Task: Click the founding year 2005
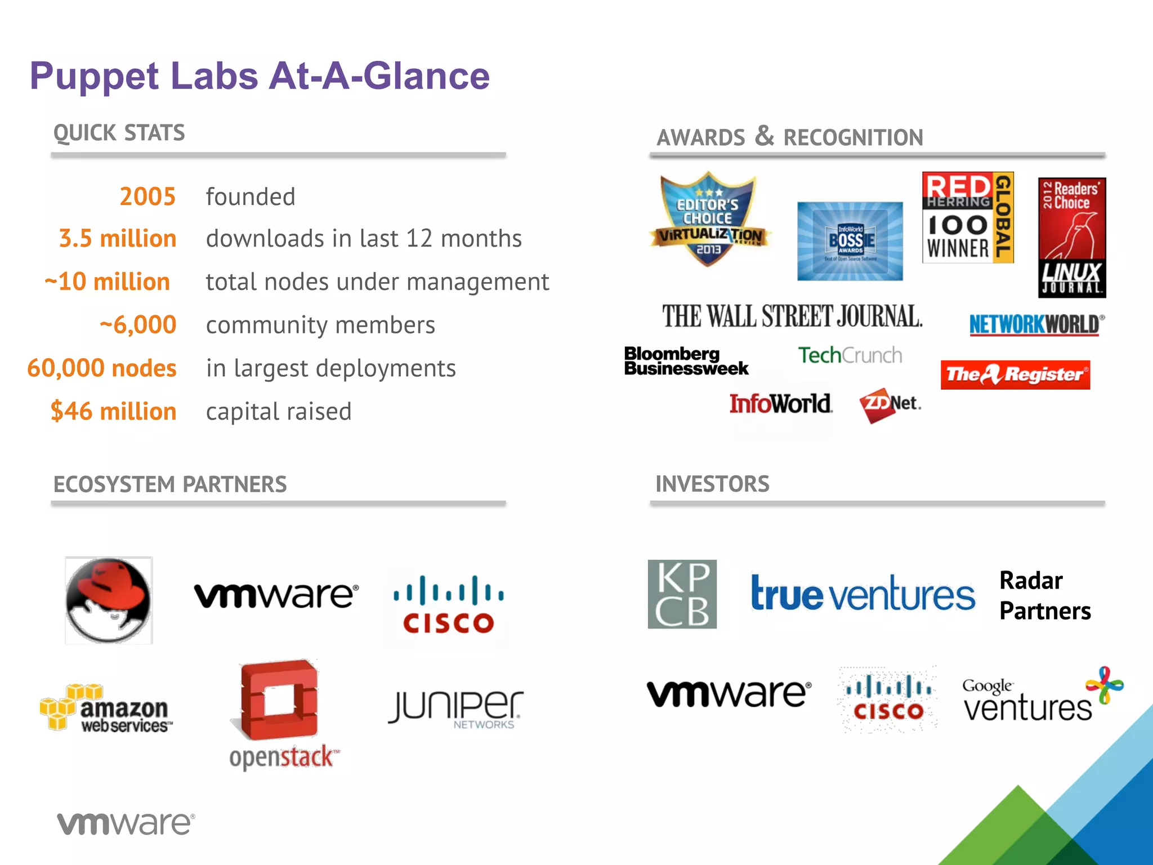(148, 197)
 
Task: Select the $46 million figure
(114, 411)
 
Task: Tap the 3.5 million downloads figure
(118, 239)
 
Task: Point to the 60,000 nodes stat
(102, 368)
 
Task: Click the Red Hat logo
(109, 600)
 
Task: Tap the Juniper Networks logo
(455, 708)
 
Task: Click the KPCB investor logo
(682, 594)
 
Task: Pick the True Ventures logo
(862, 594)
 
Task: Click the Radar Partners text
(1045, 596)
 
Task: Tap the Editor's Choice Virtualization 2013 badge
(709, 220)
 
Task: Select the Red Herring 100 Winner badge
(968, 218)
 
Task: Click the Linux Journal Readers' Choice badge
(1072, 237)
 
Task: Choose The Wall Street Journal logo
(792, 316)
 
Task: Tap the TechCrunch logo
(850, 355)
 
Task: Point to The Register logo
(1015, 374)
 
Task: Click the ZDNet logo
(890, 404)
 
